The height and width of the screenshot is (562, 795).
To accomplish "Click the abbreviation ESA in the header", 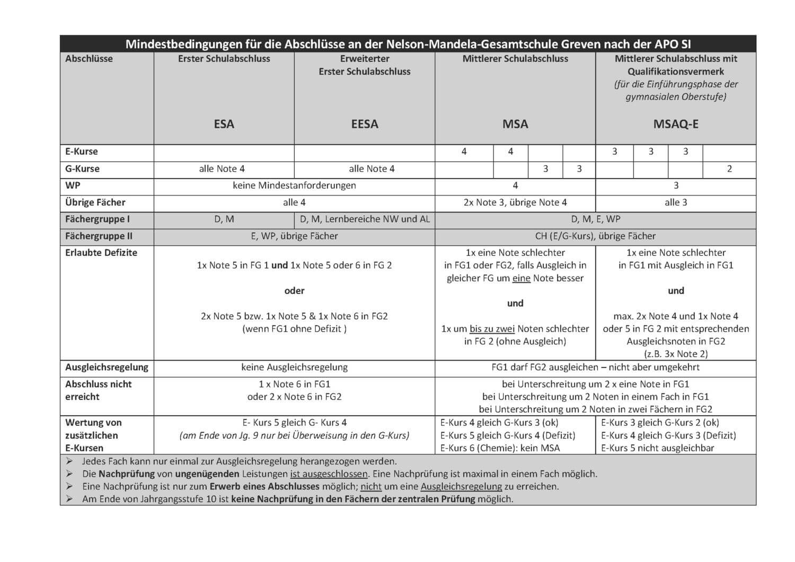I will tap(224, 124).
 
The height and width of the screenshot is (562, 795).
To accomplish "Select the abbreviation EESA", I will tap(365, 124).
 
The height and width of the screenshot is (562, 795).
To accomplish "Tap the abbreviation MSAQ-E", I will tap(676, 124).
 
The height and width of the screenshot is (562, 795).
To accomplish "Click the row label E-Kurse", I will tap(82, 151).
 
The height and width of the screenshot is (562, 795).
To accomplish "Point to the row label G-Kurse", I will tap(82, 169).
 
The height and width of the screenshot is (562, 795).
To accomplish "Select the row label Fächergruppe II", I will tap(99, 236).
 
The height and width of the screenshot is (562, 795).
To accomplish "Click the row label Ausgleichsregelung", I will tap(107, 367).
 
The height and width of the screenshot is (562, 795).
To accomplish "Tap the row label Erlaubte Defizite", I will tap(101, 253).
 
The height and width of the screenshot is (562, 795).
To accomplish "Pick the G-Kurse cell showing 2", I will tap(729, 169).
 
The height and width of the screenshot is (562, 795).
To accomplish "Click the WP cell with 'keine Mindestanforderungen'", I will tap(294, 185).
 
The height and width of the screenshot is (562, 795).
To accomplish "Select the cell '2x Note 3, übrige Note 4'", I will tap(515, 202).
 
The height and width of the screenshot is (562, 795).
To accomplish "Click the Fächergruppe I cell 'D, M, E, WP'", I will tap(596, 219).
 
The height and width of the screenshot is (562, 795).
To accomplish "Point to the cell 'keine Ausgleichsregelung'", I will tap(294, 367).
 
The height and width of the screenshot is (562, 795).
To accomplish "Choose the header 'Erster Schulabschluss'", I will tap(224, 59).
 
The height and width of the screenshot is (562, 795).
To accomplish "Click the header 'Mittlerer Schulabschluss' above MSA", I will tap(515, 59).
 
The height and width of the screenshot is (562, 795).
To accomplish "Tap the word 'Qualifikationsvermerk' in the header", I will tap(676, 72).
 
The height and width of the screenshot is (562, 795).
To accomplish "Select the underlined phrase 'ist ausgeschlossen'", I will tap(329, 474).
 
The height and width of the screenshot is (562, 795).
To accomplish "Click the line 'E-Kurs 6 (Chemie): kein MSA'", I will tap(500, 448).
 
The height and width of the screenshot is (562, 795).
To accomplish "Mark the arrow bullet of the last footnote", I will tap(69, 499).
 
